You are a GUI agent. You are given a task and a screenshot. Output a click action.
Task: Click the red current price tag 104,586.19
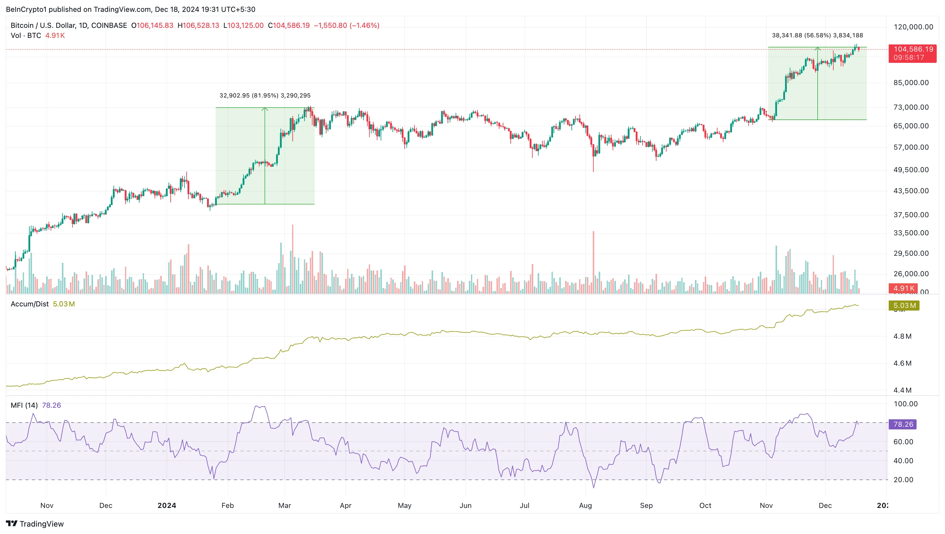[x=912, y=49]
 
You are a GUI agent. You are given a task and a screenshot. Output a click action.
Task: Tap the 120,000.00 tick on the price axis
[x=913, y=27]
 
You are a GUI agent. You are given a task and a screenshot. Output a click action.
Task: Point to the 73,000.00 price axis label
[x=911, y=107]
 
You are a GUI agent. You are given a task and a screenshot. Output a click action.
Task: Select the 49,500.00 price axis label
[x=911, y=170]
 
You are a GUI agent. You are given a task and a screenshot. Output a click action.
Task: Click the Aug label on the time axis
[x=585, y=505]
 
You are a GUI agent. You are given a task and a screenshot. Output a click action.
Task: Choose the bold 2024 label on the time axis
[x=166, y=505]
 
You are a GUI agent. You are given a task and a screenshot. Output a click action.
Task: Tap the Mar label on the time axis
[x=284, y=505]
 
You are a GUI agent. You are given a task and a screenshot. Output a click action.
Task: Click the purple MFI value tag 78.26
[x=903, y=424]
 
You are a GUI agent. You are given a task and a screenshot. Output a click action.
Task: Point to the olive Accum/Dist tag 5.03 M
[x=904, y=305]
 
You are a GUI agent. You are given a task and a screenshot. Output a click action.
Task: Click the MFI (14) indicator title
[x=24, y=405]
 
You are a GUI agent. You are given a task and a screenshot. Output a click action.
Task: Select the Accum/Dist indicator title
[x=29, y=304]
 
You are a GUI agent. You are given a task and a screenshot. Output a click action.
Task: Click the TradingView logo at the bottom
[x=35, y=524]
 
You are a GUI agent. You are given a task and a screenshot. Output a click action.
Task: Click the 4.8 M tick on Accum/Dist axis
[x=902, y=336]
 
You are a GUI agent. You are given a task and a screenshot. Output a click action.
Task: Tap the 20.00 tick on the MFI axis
[x=903, y=480]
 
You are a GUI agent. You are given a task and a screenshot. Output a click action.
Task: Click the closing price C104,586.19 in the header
[x=289, y=25]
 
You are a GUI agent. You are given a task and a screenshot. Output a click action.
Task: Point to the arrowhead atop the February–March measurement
[x=265, y=109]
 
